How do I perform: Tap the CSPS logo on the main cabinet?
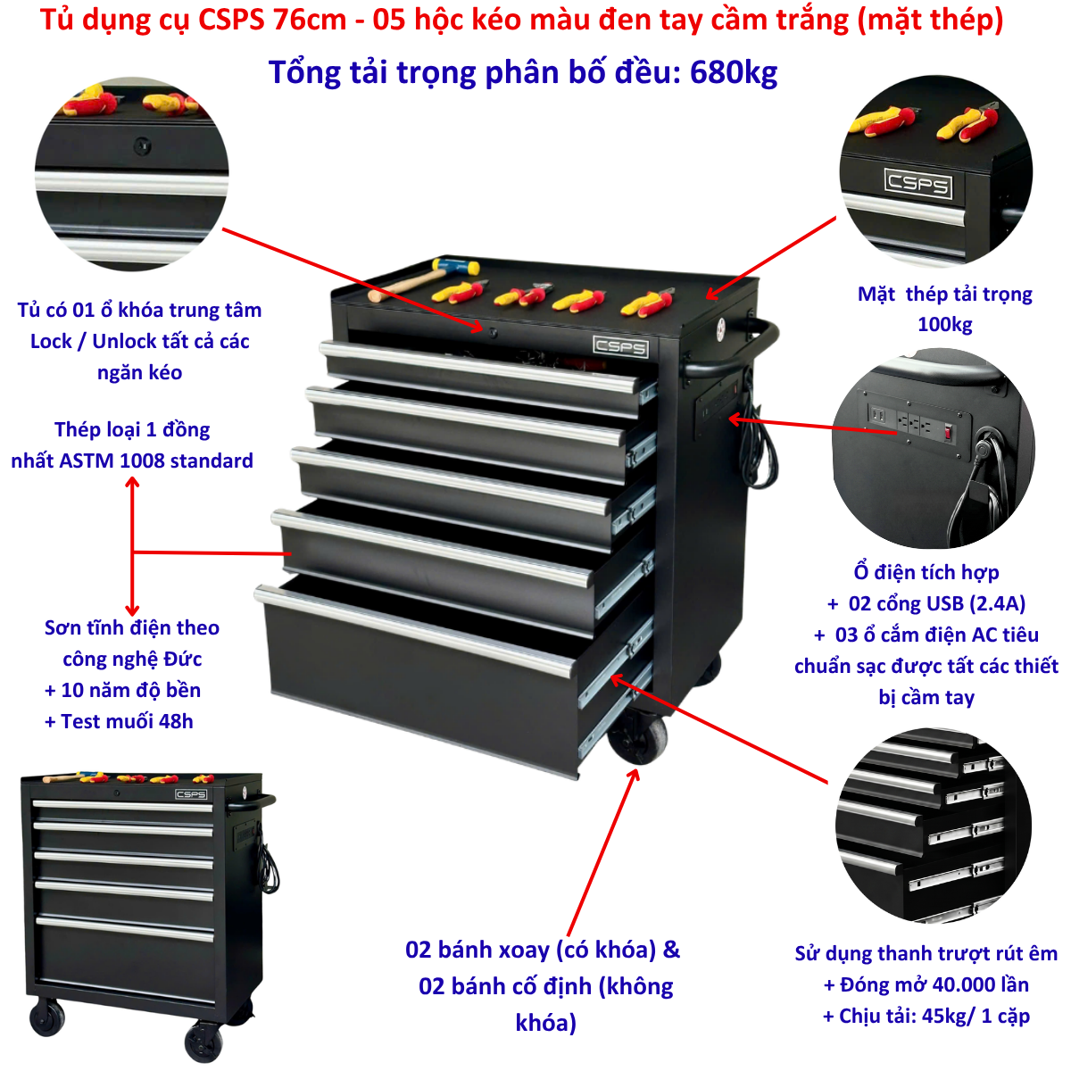coord(621,347)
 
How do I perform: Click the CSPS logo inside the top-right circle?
coord(917,184)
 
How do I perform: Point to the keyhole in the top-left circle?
coord(142,146)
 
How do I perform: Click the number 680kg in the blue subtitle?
coord(733,73)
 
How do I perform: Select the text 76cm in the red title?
coord(310,20)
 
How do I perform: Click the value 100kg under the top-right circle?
coord(945,324)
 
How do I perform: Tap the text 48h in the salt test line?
coord(176,721)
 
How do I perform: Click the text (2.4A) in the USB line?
coord(997,603)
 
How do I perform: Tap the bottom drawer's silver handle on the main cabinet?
coord(414,631)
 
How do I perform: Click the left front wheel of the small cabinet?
coord(46,1017)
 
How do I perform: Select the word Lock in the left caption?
coord(51,341)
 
